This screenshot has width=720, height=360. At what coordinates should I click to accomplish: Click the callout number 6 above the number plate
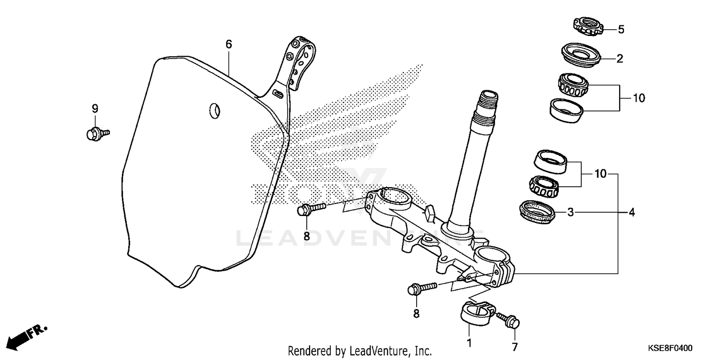(x=229, y=45)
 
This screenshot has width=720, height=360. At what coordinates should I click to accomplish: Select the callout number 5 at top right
(x=621, y=30)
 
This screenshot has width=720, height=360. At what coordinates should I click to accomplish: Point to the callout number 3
(x=570, y=212)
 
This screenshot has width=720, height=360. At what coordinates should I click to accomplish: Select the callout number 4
(x=632, y=212)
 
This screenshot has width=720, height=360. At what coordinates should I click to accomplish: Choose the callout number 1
(x=469, y=343)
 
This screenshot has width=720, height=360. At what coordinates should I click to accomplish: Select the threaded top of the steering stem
(x=487, y=106)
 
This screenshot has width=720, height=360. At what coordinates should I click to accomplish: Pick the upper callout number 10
(x=638, y=98)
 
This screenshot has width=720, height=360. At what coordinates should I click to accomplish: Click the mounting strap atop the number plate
(x=298, y=65)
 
